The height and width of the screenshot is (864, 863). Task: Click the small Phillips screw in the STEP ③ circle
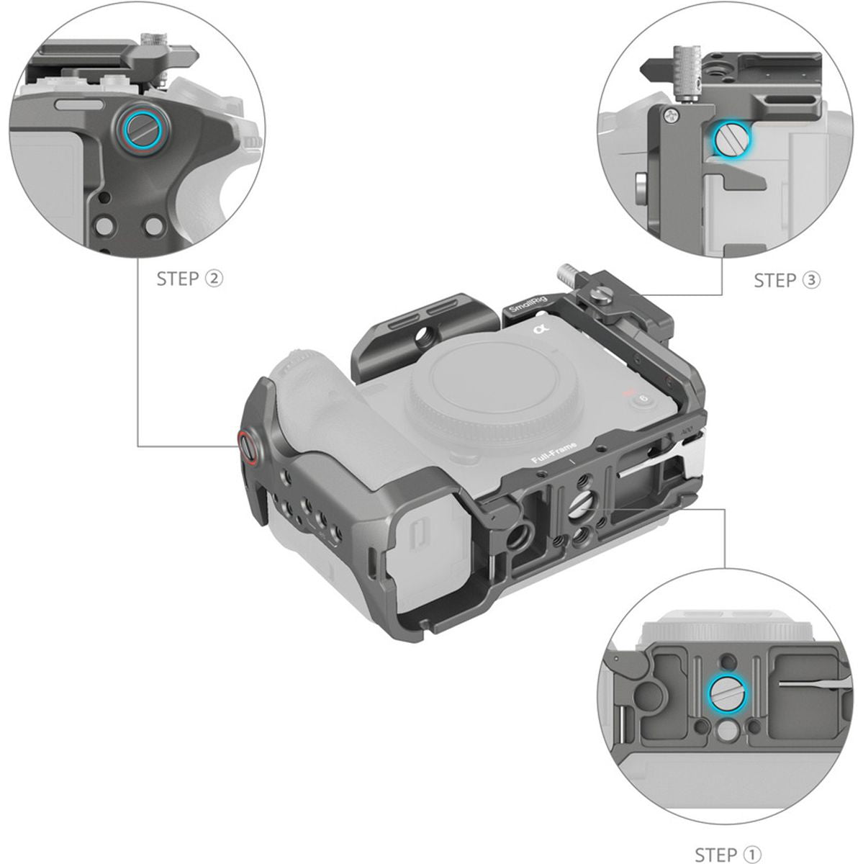point(671,114)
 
